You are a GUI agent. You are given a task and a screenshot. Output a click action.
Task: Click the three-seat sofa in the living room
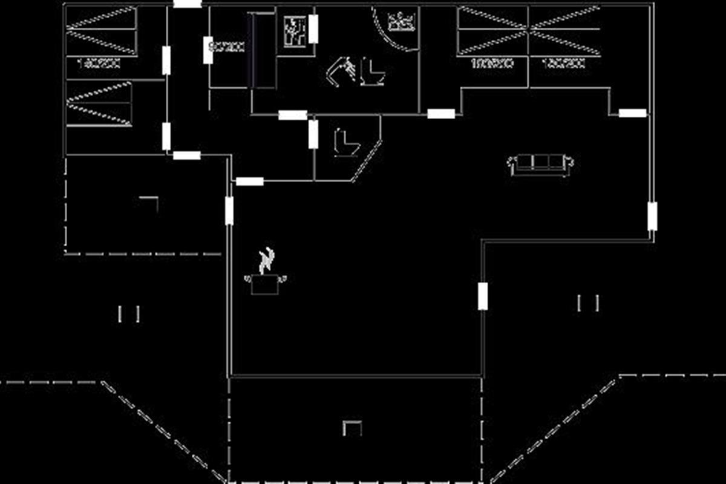[541, 163]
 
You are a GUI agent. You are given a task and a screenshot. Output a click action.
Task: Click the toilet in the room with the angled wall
[345, 143]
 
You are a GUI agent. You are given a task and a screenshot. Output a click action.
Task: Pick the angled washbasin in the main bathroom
[340, 70]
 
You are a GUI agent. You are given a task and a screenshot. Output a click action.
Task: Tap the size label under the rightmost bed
[563, 63]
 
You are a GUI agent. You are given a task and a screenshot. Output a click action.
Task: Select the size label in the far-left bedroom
[100, 62]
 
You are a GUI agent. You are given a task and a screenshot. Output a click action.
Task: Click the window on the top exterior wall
[187, 4]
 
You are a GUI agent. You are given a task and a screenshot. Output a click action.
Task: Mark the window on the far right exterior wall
[652, 217]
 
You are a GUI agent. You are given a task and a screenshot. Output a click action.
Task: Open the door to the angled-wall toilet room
[313, 134]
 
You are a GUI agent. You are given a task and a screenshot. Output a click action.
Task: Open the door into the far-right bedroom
[632, 113]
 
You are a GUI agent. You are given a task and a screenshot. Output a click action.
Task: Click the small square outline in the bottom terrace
[352, 428]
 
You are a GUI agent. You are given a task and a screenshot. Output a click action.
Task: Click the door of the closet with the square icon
[313, 29]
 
